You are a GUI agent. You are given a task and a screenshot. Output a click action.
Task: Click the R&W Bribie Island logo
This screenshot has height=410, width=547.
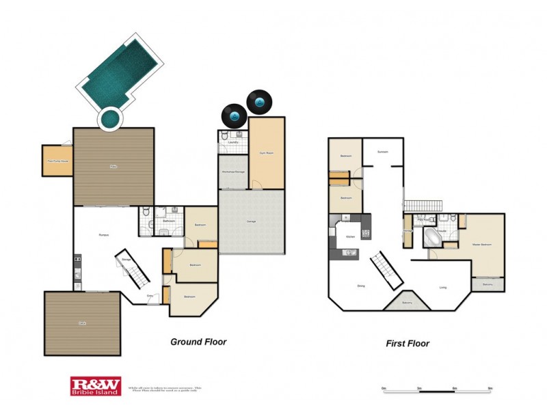(x=95, y=386)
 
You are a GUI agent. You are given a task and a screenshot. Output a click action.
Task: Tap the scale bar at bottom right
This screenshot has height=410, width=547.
(x=436, y=389)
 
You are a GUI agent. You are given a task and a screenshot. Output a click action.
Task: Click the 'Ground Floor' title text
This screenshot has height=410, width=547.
(x=198, y=342)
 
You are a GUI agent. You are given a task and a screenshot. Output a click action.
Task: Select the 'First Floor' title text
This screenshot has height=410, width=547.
(x=408, y=344)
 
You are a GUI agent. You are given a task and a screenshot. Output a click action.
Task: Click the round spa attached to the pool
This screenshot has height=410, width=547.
(x=110, y=120)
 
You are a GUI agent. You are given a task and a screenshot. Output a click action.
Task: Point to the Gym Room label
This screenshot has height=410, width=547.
(x=266, y=153)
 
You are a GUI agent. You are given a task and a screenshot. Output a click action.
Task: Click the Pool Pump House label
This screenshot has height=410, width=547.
(x=57, y=161)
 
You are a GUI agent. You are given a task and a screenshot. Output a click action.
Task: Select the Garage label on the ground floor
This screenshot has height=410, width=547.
(x=251, y=221)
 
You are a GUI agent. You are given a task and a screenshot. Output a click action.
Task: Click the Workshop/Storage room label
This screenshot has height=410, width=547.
(x=233, y=172)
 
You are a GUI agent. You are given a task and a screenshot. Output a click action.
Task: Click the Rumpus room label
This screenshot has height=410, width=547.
(x=104, y=235)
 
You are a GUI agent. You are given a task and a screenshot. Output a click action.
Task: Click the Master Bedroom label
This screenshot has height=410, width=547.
(x=482, y=243)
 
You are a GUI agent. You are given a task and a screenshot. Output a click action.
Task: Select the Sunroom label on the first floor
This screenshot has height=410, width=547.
(x=383, y=152)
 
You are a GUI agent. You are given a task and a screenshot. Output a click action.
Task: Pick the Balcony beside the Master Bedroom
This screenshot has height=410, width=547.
(x=488, y=284)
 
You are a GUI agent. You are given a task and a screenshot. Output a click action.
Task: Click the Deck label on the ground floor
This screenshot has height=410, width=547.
(x=82, y=323)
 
